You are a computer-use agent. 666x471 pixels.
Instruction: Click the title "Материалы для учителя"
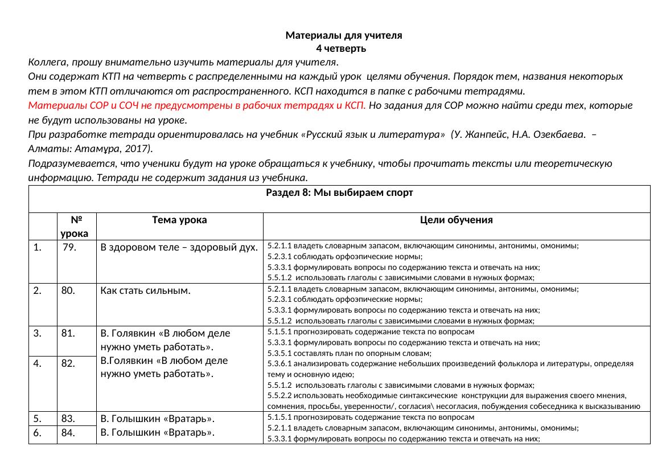(343, 35)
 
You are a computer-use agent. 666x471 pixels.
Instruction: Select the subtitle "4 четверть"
(343, 49)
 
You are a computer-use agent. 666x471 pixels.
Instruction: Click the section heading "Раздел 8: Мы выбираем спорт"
(339, 193)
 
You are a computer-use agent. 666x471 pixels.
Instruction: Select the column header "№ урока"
(76, 226)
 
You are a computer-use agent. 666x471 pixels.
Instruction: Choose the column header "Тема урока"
(179, 220)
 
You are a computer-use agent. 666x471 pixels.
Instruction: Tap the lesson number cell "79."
(70, 248)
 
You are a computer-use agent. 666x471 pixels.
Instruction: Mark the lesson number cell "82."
(69, 363)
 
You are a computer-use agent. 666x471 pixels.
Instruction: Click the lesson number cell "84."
(69, 433)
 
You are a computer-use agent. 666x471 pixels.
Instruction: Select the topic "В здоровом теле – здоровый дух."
(179, 248)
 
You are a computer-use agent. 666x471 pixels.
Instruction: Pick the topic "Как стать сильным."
(145, 290)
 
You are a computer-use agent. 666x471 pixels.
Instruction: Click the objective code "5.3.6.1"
(278, 364)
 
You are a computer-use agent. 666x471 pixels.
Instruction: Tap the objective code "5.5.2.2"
(278, 396)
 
